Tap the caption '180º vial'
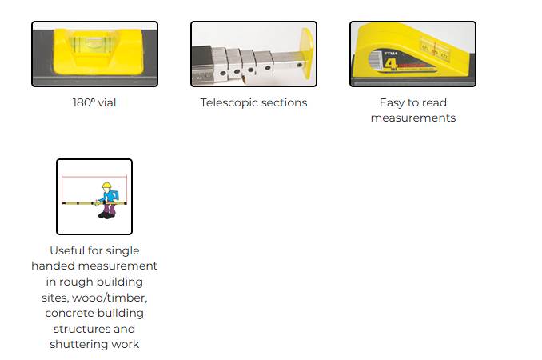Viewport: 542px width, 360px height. tap(94, 102)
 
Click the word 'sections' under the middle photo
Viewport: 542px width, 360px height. tap(284, 102)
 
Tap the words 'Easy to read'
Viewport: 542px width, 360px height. tap(412, 102)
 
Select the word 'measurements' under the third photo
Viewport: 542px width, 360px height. tap(412, 118)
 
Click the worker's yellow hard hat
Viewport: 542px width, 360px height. tap(106, 186)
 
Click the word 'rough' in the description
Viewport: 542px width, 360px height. tap(81, 282)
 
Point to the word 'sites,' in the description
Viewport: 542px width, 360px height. tap(57, 298)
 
